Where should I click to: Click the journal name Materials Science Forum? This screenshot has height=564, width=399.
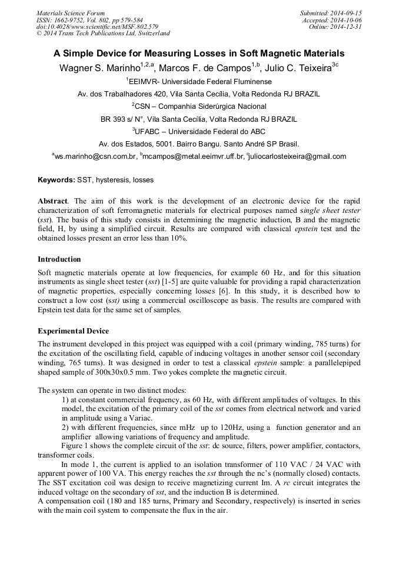point(71,12)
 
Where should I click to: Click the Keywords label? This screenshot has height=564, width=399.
point(56,179)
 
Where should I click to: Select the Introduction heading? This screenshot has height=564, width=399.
point(59,259)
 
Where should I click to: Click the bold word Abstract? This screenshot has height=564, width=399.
point(53,201)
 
